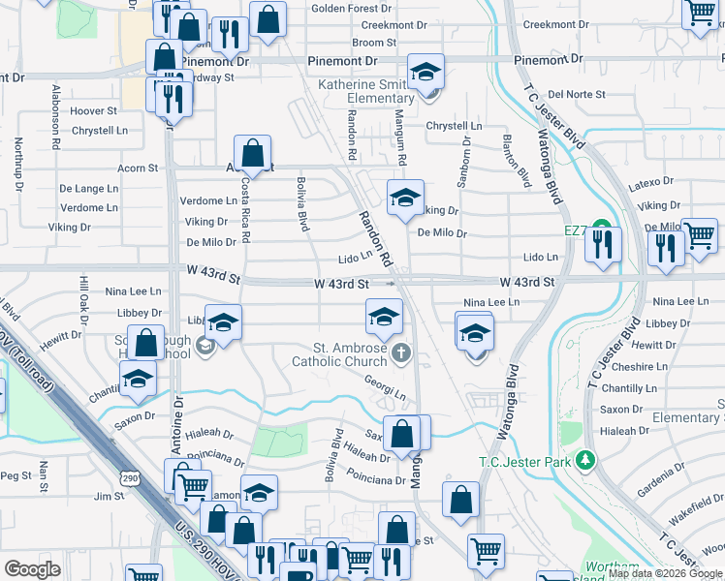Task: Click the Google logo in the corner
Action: (x=32, y=569)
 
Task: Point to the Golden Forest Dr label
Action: (x=350, y=9)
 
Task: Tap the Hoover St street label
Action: (x=93, y=111)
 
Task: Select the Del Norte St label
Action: (x=576, y=95)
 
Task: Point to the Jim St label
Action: (x=104, y=496)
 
